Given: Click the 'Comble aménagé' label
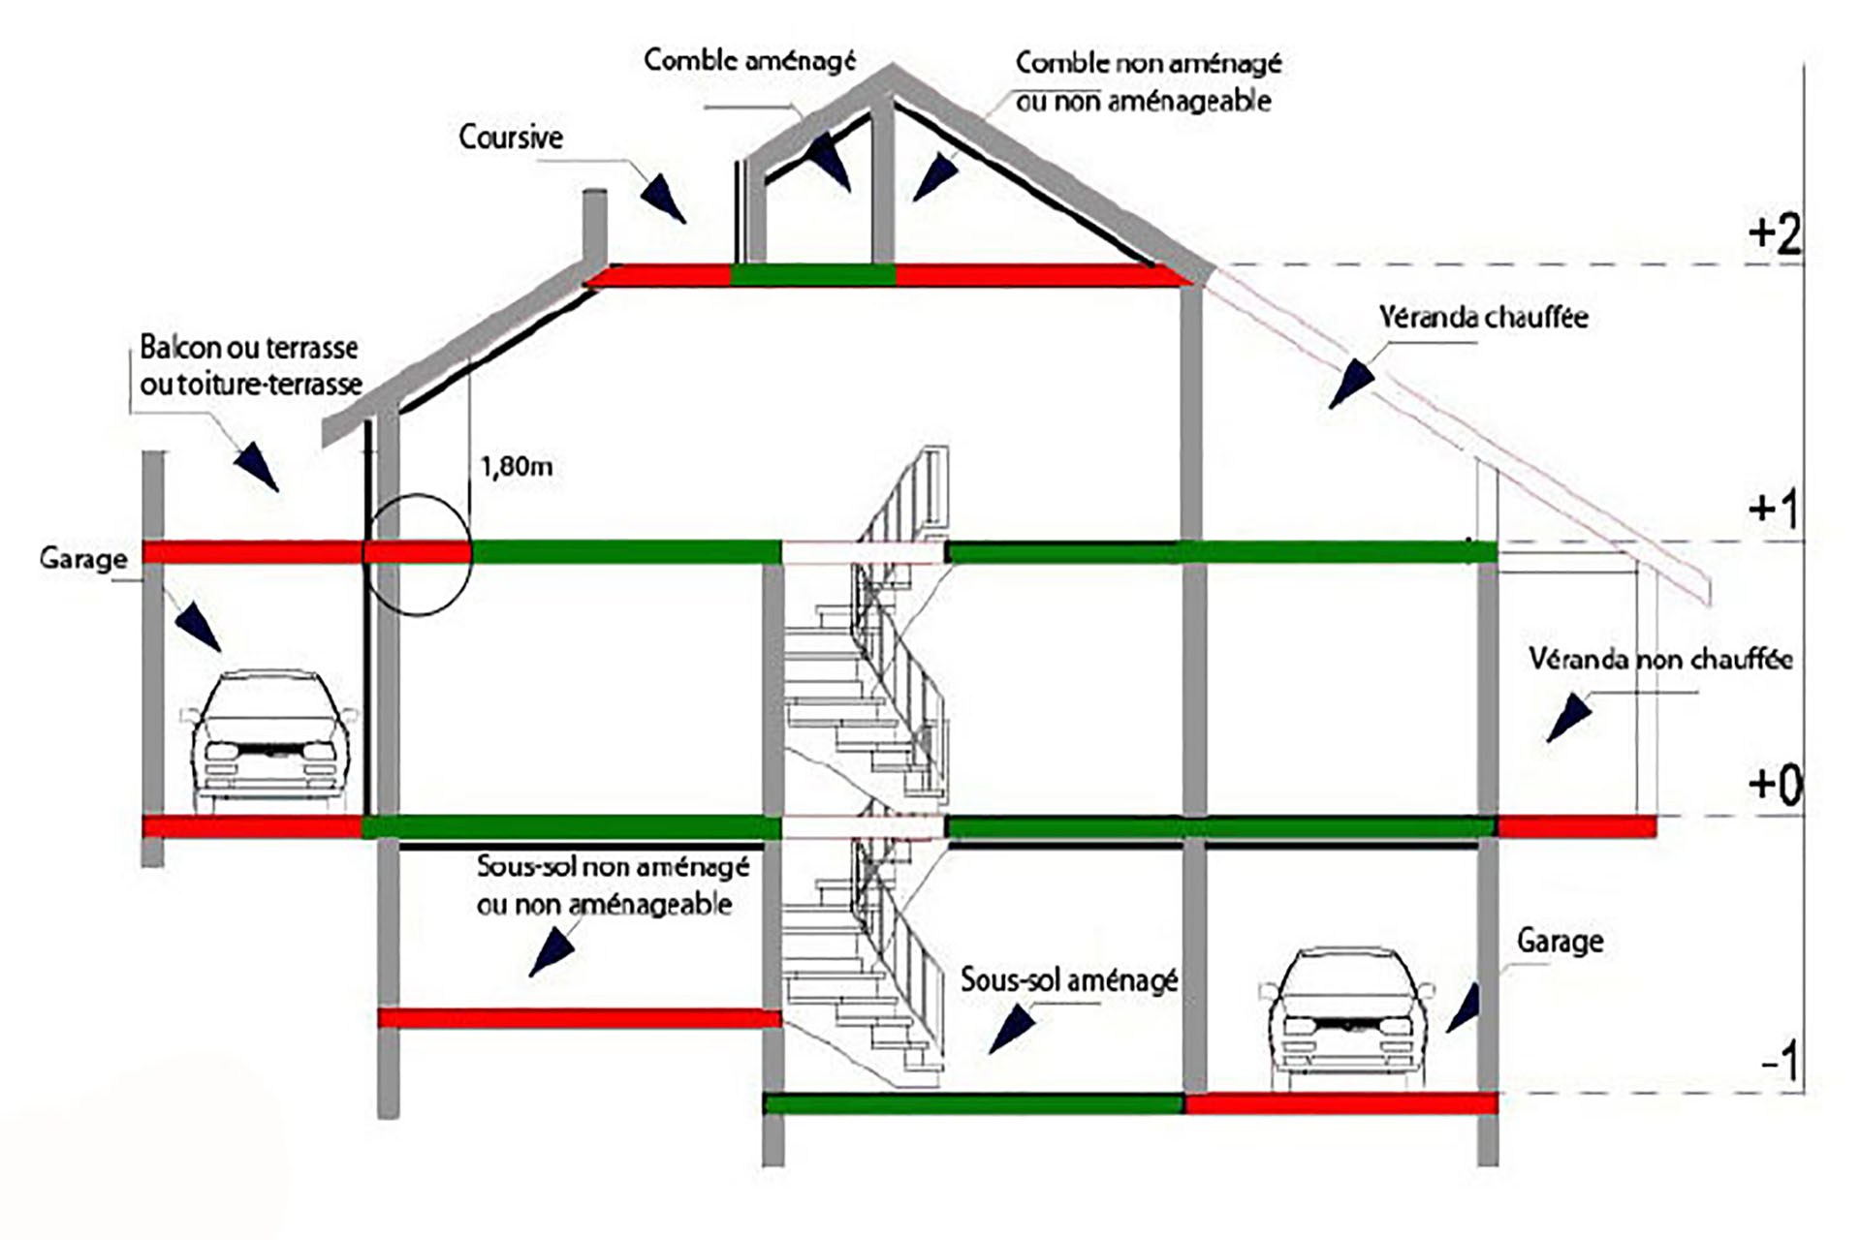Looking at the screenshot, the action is (750, 60).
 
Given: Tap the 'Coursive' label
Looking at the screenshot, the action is (511, 137).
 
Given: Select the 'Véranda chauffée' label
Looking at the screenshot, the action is (1484, 317).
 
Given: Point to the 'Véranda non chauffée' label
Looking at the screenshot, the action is (1661, 659).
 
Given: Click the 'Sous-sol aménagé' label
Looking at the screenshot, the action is (1069, 979).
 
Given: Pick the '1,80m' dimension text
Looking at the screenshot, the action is (517, 467).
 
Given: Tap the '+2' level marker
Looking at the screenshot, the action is (1775, 233).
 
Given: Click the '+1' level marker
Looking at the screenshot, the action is (1773, 508).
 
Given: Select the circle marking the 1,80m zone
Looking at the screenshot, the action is (417, 554).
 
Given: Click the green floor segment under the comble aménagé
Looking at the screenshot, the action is (812, 275).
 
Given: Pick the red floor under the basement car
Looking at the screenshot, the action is (1341, 1102).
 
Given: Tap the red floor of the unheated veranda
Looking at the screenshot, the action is (1577, 826).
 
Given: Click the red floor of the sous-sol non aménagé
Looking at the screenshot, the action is (580, 1018).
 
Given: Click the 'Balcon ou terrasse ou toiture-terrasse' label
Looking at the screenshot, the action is (251, 365).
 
